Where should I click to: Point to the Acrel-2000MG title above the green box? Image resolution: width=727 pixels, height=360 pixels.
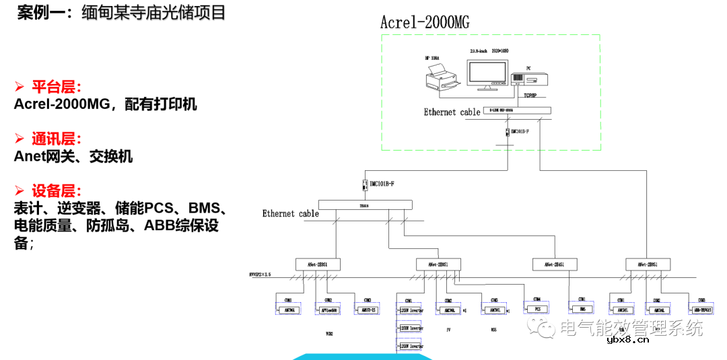[425, 22]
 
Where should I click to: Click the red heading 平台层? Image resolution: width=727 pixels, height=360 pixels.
[57, 87]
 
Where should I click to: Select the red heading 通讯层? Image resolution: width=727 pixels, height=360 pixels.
[57, 139]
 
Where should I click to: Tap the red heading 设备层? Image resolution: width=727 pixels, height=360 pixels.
[57, 191]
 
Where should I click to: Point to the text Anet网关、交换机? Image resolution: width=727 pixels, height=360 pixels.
[73, 157]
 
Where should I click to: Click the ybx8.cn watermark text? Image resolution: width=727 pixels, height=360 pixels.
[627, 340]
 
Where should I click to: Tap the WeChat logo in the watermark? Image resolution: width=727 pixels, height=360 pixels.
[541, 328]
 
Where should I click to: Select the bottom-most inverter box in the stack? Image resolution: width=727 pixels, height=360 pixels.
[411, 346]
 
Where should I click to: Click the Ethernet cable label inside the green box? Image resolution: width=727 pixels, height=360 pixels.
[452, 112]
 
